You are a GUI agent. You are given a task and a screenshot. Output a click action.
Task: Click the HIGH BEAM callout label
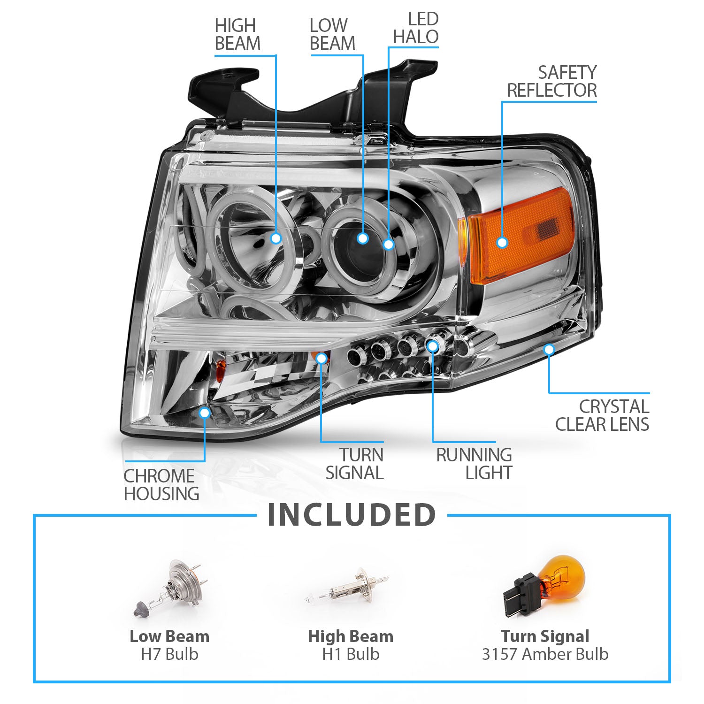coord(237,34)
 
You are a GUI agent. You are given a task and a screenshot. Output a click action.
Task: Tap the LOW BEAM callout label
coord(332,34)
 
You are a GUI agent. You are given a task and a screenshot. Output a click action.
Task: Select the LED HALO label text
coord(416,28)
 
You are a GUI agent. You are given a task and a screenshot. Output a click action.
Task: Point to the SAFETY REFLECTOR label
coord(552,81)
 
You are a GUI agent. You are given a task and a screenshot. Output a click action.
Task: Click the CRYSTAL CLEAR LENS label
coord(602,415)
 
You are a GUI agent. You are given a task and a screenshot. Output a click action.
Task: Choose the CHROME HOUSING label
coord(161,485)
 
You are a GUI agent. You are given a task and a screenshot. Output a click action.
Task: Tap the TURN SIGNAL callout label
coord(355,464)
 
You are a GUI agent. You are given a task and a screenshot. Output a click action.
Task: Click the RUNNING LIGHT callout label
coord(474,464)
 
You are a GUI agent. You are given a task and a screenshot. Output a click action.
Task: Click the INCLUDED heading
coord(352,515)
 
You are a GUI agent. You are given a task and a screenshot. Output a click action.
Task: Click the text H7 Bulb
coord(169,654)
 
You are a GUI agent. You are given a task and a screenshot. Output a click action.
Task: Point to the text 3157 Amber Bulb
coord(545,654)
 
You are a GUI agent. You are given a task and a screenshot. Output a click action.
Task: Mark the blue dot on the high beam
coord(276,238)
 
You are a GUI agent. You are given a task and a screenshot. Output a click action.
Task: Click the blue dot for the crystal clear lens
coord(549,349)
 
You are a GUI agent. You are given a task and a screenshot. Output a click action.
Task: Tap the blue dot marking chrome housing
coord(205,413)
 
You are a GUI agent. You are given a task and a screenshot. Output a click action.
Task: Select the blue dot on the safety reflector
coord(502,243)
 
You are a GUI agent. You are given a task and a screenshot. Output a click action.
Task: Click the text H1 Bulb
coord(351,654)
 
